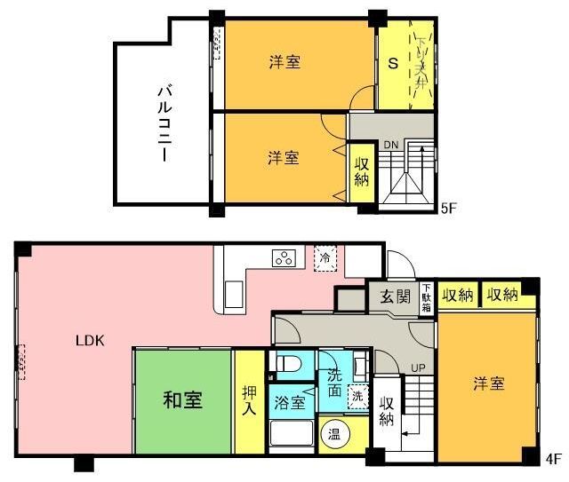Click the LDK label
[x=90, y=339]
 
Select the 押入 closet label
[x=250, y=399]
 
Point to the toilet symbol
[x=287, y=364]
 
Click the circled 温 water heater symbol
[x=335, y=435]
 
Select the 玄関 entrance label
[x=395, y=296]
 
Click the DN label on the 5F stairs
[x=392, y=145]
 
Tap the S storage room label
[x=391, y=63]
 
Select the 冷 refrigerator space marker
[x=326, y=257]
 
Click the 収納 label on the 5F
[x=362, y=171]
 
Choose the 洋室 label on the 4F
[x=489, y=383]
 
